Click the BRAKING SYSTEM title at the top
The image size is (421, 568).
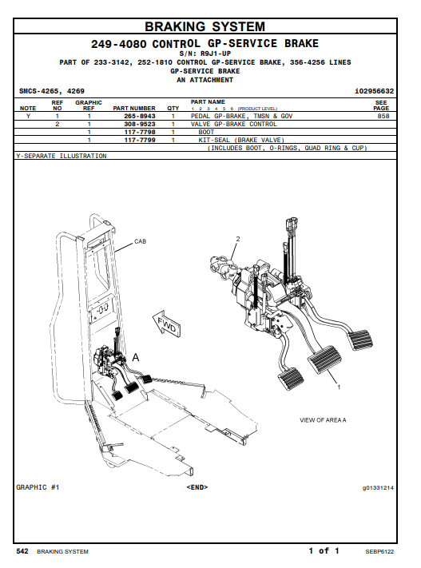click(x=205, y=26)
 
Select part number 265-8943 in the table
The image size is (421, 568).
click(x=140, y=116)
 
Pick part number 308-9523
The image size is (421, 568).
click(x=140, y=124)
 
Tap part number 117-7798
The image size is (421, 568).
click(x=140, y=132)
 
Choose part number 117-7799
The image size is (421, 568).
click(x=140, y=140)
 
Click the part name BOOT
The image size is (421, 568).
click(x=206, y=132)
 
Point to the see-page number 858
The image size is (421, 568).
click(x=383, y=116)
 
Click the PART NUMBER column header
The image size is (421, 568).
click(x=134, y=108)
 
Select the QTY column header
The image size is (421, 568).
click(x=173, y=108)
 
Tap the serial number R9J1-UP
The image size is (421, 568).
click(x=216, y=54)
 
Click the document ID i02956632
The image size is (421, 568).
click(x=374, y=91)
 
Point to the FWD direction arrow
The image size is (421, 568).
click(x=167, y=324)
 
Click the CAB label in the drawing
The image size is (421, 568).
click(x=141, y=241)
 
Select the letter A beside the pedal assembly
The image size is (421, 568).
click(x=136, y=358)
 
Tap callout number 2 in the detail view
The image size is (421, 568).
click(x=238, y=239)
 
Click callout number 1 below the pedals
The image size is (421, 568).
click(x=339, y=387)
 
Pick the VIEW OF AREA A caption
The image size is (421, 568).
click(x=323, y=420)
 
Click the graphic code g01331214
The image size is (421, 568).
click(x=378, y=488)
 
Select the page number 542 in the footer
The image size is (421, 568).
click(x=22, y=551)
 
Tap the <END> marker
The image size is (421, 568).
click(x=197, y=487)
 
